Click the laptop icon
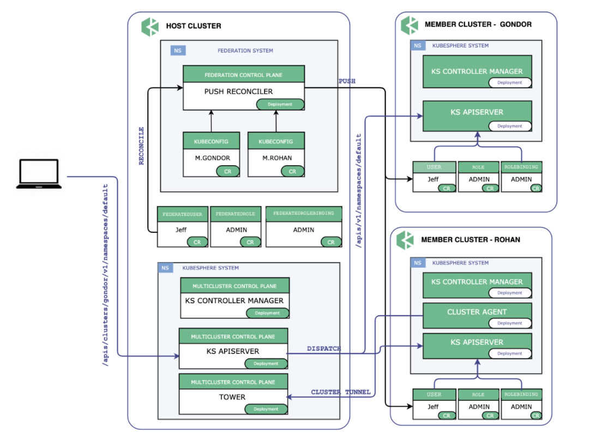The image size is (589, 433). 39,174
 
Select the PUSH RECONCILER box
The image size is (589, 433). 243,88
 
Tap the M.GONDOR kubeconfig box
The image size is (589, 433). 211,154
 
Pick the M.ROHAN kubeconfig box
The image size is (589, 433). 276,154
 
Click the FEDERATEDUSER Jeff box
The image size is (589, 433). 183,226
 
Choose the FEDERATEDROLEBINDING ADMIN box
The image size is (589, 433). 304,226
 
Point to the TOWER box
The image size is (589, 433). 233,394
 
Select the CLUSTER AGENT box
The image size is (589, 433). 477,316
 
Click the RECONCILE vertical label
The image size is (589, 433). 141,146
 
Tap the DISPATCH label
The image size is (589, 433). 324,348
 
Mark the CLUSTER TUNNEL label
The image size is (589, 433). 341,392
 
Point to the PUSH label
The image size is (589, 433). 347,81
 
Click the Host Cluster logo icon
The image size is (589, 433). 150,27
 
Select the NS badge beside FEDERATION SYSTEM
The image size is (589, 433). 178,50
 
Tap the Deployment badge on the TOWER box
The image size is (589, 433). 266,409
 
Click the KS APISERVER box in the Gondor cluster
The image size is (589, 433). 477,116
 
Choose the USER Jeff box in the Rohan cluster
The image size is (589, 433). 434,404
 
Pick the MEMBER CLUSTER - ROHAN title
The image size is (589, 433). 471,239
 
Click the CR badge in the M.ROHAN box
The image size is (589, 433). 292,172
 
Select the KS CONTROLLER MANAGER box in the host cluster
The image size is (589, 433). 235,298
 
